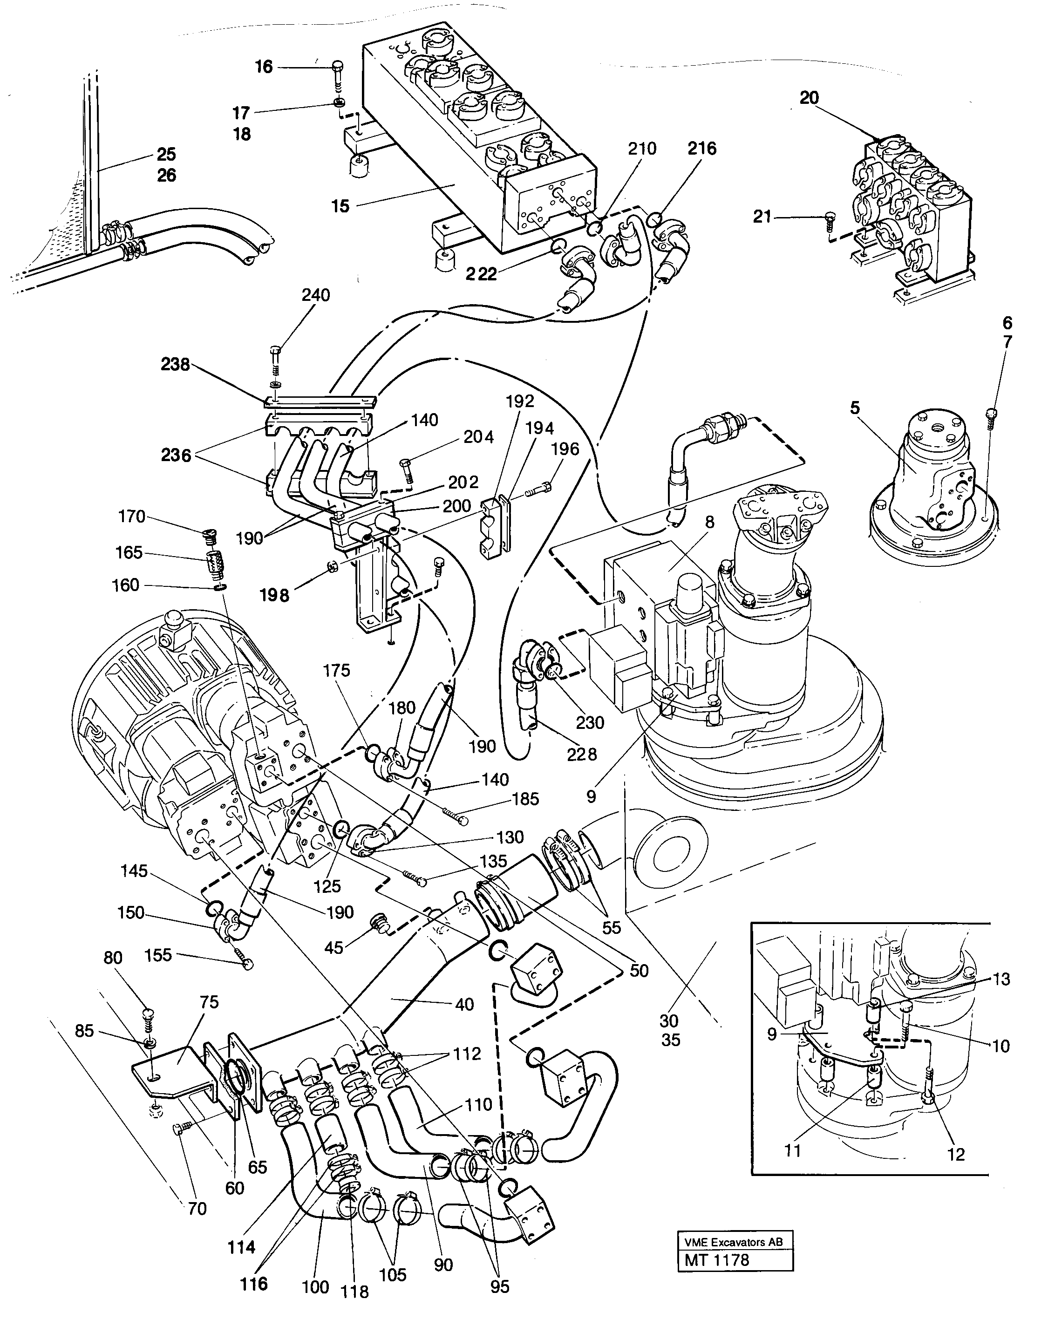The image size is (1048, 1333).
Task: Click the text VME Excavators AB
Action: click(x=733, y=1242)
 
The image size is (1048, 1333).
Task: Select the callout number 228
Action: click(x=582, y=754)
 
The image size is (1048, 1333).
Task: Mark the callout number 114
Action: click(x=241, y=1247)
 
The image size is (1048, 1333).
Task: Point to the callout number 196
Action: click(x=565, y=449)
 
